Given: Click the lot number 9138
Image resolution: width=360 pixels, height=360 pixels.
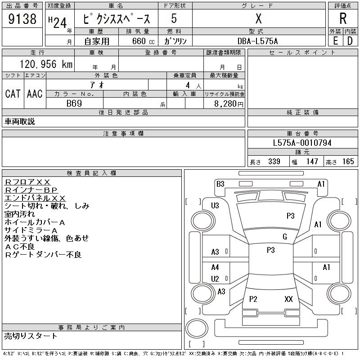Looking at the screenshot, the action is [x=22, y=19].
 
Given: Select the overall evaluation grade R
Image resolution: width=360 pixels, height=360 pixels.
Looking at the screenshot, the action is [x=343, y=18].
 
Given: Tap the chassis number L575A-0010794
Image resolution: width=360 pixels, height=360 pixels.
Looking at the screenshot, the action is [x=302, y=143].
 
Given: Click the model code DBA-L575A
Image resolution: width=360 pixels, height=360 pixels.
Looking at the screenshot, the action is [x=258, y=41].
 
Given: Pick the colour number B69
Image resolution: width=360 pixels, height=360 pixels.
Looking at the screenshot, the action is [x=74, y=103].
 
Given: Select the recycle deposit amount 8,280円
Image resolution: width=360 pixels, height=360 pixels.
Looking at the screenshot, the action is [x=229, y=103].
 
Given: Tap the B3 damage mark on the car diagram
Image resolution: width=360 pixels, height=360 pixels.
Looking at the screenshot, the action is [x=220, y=184].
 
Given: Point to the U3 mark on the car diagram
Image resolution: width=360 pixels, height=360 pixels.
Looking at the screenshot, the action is [x=215, y=206].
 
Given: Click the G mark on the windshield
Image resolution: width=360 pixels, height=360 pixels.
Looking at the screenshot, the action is [x=284, y=237].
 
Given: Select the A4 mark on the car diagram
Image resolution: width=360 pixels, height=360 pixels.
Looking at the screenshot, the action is [x=215, y=267].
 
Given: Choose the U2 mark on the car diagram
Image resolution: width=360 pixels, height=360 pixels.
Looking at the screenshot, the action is [x=215, y=279].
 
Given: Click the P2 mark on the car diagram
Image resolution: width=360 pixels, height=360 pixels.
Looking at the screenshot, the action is [x=253, y=299].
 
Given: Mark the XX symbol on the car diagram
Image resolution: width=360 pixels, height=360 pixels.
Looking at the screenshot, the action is [x=288, y=299].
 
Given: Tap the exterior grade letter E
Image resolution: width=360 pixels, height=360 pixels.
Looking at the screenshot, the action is [x=335, y=40].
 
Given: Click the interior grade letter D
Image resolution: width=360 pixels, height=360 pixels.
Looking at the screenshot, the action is [x=350, y=40].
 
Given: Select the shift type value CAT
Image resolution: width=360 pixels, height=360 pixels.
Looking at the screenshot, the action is [x=13, y=94].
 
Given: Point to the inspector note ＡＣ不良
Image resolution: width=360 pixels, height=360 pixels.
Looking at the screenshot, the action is [x=21, y=247].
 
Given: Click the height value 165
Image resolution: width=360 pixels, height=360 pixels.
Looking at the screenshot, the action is [x=348, y=162].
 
